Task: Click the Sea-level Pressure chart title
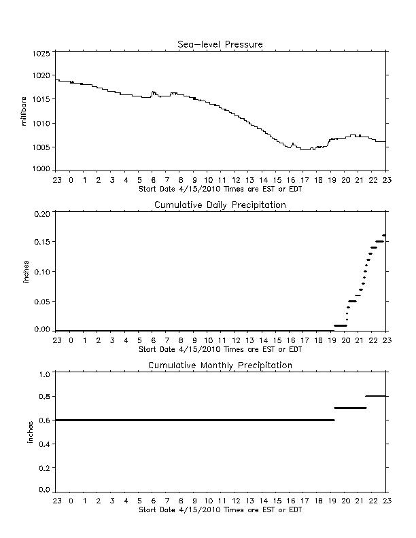pyautogui.click(x=220, y=44)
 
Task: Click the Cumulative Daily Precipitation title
pyautogui.click(x=220, y=205)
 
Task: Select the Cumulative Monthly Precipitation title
pyautogui.click(x=220, y=365)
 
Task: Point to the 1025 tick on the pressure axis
pyautogui.click(x=41, y=54)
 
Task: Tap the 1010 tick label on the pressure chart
pyautogui.click(x=41, y=124)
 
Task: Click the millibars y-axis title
pyautogui.click(x=24, y=111)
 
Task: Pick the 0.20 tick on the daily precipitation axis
pyautogui.click(x=42, y=214)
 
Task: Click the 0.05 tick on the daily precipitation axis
pyautogui.click(x=42, y=302)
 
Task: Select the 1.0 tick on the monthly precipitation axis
pyautogui.click(x=44, y=374)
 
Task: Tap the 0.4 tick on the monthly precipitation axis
pyautogui.click(x=44, y=444)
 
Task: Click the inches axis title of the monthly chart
pyautogui.click(x=31, y=432)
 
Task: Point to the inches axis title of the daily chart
pyautogui.click(x=26, y=272)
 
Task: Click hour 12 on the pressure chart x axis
pyautogui.click(x=236, y=180)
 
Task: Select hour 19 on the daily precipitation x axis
pyautogui.click(x=332, y=340)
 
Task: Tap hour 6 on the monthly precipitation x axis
pyautogui.click(x=154, y=501)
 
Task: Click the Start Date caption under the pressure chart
pyautogui.click(x=220, y=189)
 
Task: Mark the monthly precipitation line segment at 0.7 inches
pyautogui.click(x=351, y=408)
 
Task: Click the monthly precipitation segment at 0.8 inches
pyautogui.click(x=377, y=396)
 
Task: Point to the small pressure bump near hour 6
pyautogui.click(x=154, y=93)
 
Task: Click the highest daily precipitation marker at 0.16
pyautogui.click(x=384, y=235)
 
